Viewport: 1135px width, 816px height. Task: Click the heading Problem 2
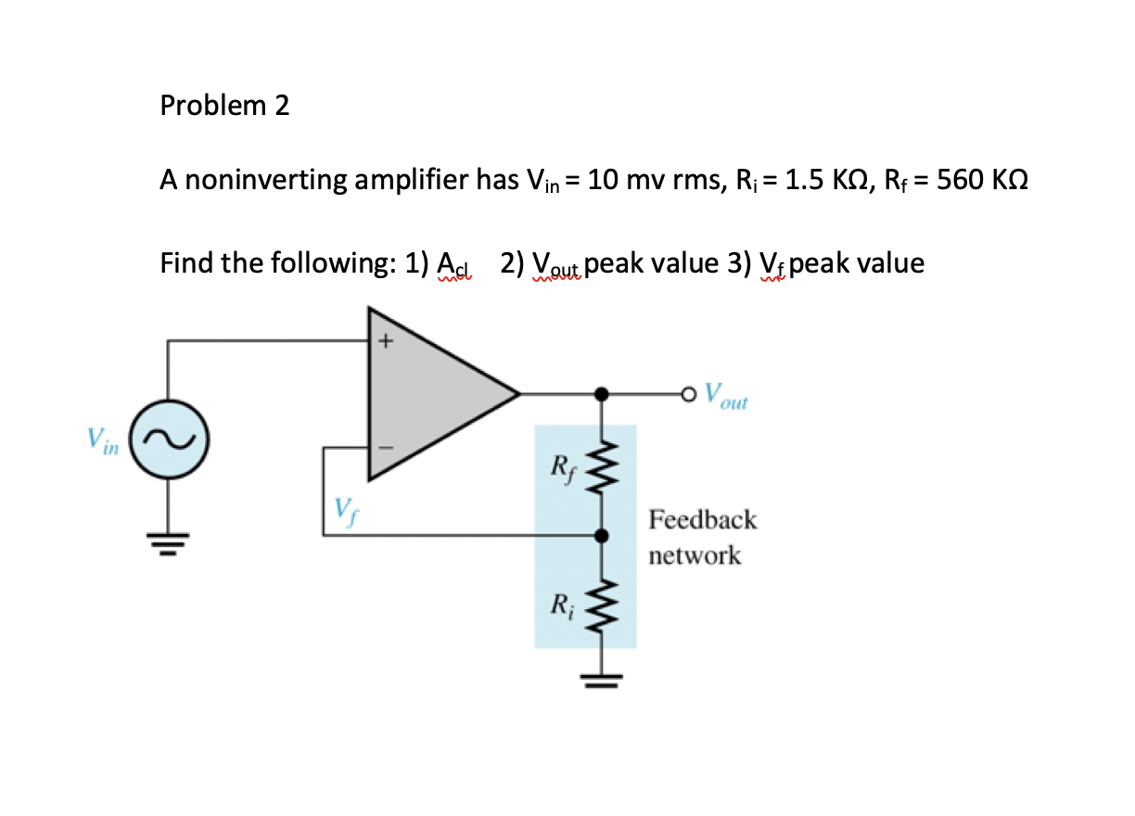coord(224,106)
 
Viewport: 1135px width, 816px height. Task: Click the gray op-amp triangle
coord(427,394)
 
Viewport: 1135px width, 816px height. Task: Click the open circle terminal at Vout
coord(687,394)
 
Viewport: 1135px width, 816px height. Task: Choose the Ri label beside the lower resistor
coord(563,606)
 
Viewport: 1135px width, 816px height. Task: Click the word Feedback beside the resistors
coord(703,519)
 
